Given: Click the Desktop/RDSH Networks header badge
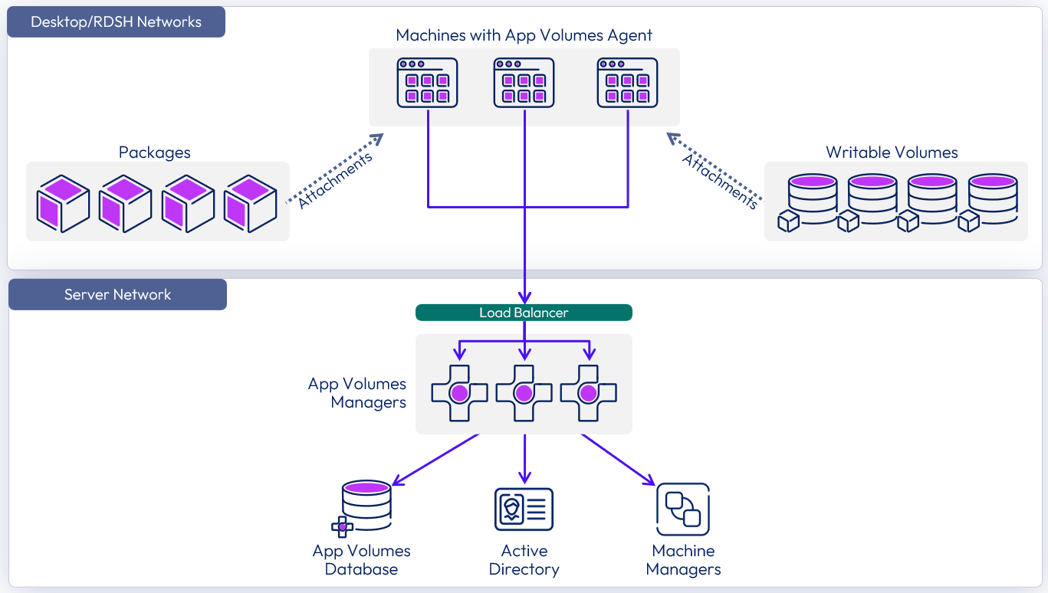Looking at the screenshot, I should point(116,22).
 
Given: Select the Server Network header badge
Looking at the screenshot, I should point(117,295).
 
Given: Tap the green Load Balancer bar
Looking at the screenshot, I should point(524,313).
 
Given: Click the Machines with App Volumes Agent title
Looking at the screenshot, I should point(524,35).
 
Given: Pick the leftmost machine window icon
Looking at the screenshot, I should point(427,83).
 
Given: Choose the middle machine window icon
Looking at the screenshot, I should point(524,83).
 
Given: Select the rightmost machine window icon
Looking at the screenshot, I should point(627,83).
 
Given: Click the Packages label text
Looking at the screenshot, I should point(155,152).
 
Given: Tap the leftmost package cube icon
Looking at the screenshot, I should point(64,203).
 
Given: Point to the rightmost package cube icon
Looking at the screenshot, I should point(250,203).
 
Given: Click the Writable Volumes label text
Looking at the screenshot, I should point(892,152).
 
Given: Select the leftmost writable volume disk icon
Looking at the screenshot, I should point(809,201).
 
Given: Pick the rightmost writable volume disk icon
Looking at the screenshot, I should point(991,201).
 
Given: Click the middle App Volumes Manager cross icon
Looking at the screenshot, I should point(524,393).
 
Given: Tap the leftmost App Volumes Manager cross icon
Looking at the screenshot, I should point(459,393).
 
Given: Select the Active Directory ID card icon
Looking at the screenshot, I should point(524,509).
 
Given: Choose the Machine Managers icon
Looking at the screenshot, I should point(683,509).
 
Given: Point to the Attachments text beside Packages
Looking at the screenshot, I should point(335,181).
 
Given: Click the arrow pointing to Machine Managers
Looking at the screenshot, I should point(618,460).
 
